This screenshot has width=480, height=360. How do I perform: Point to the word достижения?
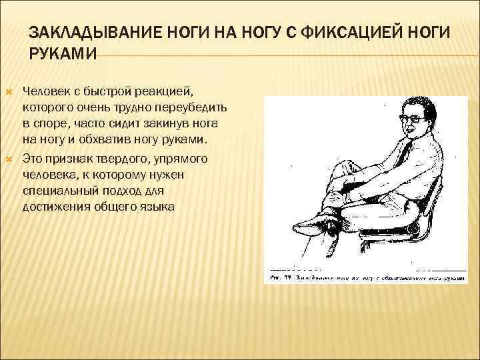click(x=55, y=208)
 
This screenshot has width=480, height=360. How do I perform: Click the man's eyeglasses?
click(x=413, y=119)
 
